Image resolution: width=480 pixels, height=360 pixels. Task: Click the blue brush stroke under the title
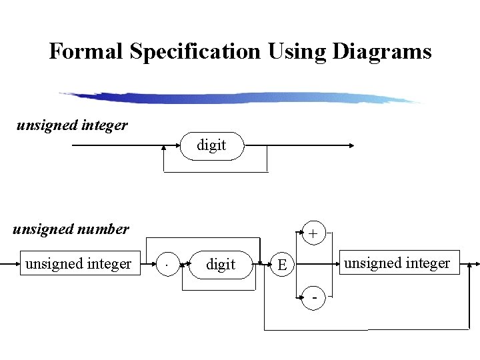tap(240, 98)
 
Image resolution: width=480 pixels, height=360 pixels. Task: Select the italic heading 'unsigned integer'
tap(72, 125)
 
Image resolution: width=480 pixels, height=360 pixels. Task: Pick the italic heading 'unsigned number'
tap(71, 229)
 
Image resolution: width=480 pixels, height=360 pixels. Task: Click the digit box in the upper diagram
tap(212, 145)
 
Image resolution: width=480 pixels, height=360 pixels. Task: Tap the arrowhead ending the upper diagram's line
tap(351, 145)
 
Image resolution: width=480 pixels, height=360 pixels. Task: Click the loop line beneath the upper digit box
tap(215, 172)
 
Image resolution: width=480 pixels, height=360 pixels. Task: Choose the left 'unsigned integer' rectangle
tap(78, 264)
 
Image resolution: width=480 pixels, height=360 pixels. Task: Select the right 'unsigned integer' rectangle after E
tap(397, 263)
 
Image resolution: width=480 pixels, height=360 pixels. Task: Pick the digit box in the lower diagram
tap(221, 265)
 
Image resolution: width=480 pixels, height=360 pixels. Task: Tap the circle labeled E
tap(283, 265)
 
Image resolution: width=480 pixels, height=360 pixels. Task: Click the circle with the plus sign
tap(312, 233)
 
